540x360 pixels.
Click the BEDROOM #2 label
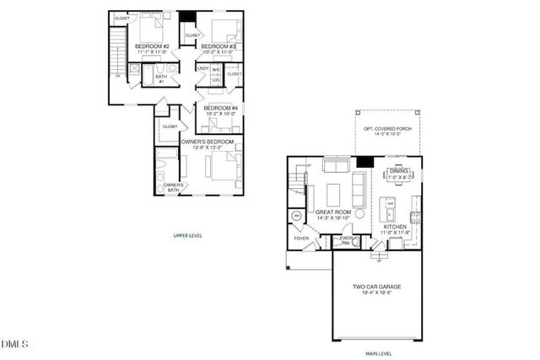click(154, 46)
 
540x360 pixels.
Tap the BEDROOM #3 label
click(218, 46)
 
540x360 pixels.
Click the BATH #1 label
click(160, 78)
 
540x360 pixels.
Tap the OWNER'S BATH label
click(174, 187)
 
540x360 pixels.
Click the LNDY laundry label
click(203, 67)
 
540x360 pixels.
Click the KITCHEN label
click(397, 227)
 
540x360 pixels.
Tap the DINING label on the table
click(397, 171)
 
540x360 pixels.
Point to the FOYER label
click(301, 239)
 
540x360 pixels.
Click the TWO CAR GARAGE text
click(377, 287)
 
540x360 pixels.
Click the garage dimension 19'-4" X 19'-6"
click(377, 294)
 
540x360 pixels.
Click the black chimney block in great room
click(364, 163)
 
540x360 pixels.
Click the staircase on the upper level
click(116, 55)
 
